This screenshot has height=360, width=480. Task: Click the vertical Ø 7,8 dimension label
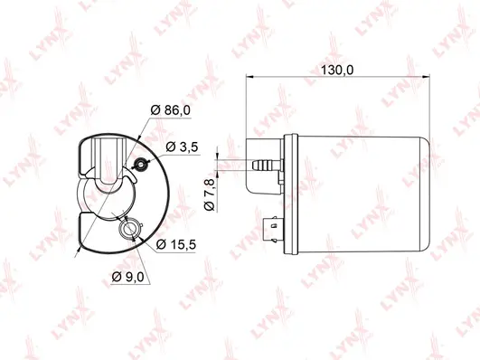click(210, 195)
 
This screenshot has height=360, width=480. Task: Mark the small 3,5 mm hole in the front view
click(139, 164)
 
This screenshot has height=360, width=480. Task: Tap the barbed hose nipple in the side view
click(265, 166)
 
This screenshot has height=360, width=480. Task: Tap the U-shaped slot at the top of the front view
click(109, 163)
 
